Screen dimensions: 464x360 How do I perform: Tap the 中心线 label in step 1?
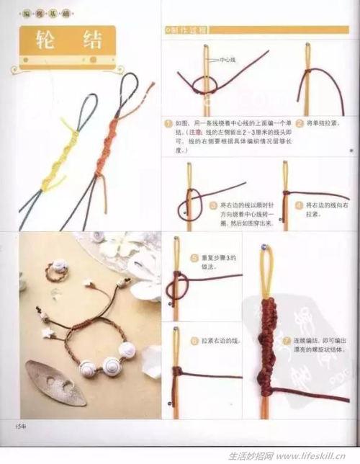(x=228, y=61)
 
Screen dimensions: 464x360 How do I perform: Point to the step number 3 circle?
(x=213, y=205)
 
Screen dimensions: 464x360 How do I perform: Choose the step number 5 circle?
(x=195, y=258)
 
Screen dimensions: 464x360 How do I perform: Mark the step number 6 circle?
(x=194, y=339)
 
